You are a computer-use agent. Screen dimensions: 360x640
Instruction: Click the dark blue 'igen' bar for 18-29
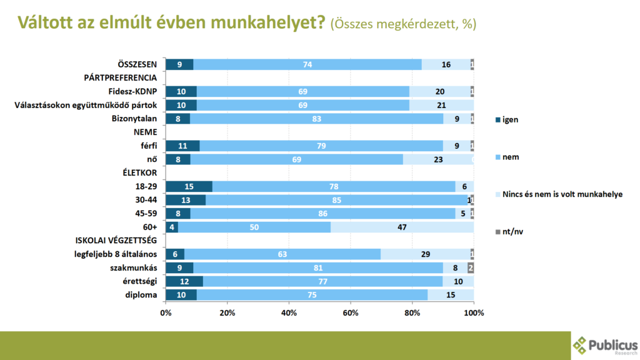coord(189,186)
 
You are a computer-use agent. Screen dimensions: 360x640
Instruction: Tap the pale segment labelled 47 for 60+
coord(402,227)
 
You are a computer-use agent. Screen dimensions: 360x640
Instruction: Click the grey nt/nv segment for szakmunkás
coord(471,267)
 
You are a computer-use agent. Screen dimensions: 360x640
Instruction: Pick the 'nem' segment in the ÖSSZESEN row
coord(307,64)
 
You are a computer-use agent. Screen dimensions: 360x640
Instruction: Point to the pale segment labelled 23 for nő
coord(437,159)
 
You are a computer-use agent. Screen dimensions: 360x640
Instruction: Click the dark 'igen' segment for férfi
coord(182,146)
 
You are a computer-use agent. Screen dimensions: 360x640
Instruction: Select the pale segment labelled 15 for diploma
coord(451,295)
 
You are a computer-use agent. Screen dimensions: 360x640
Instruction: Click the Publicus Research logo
coord(605,346)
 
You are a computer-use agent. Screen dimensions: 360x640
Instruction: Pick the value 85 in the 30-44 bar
coord(336,200)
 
